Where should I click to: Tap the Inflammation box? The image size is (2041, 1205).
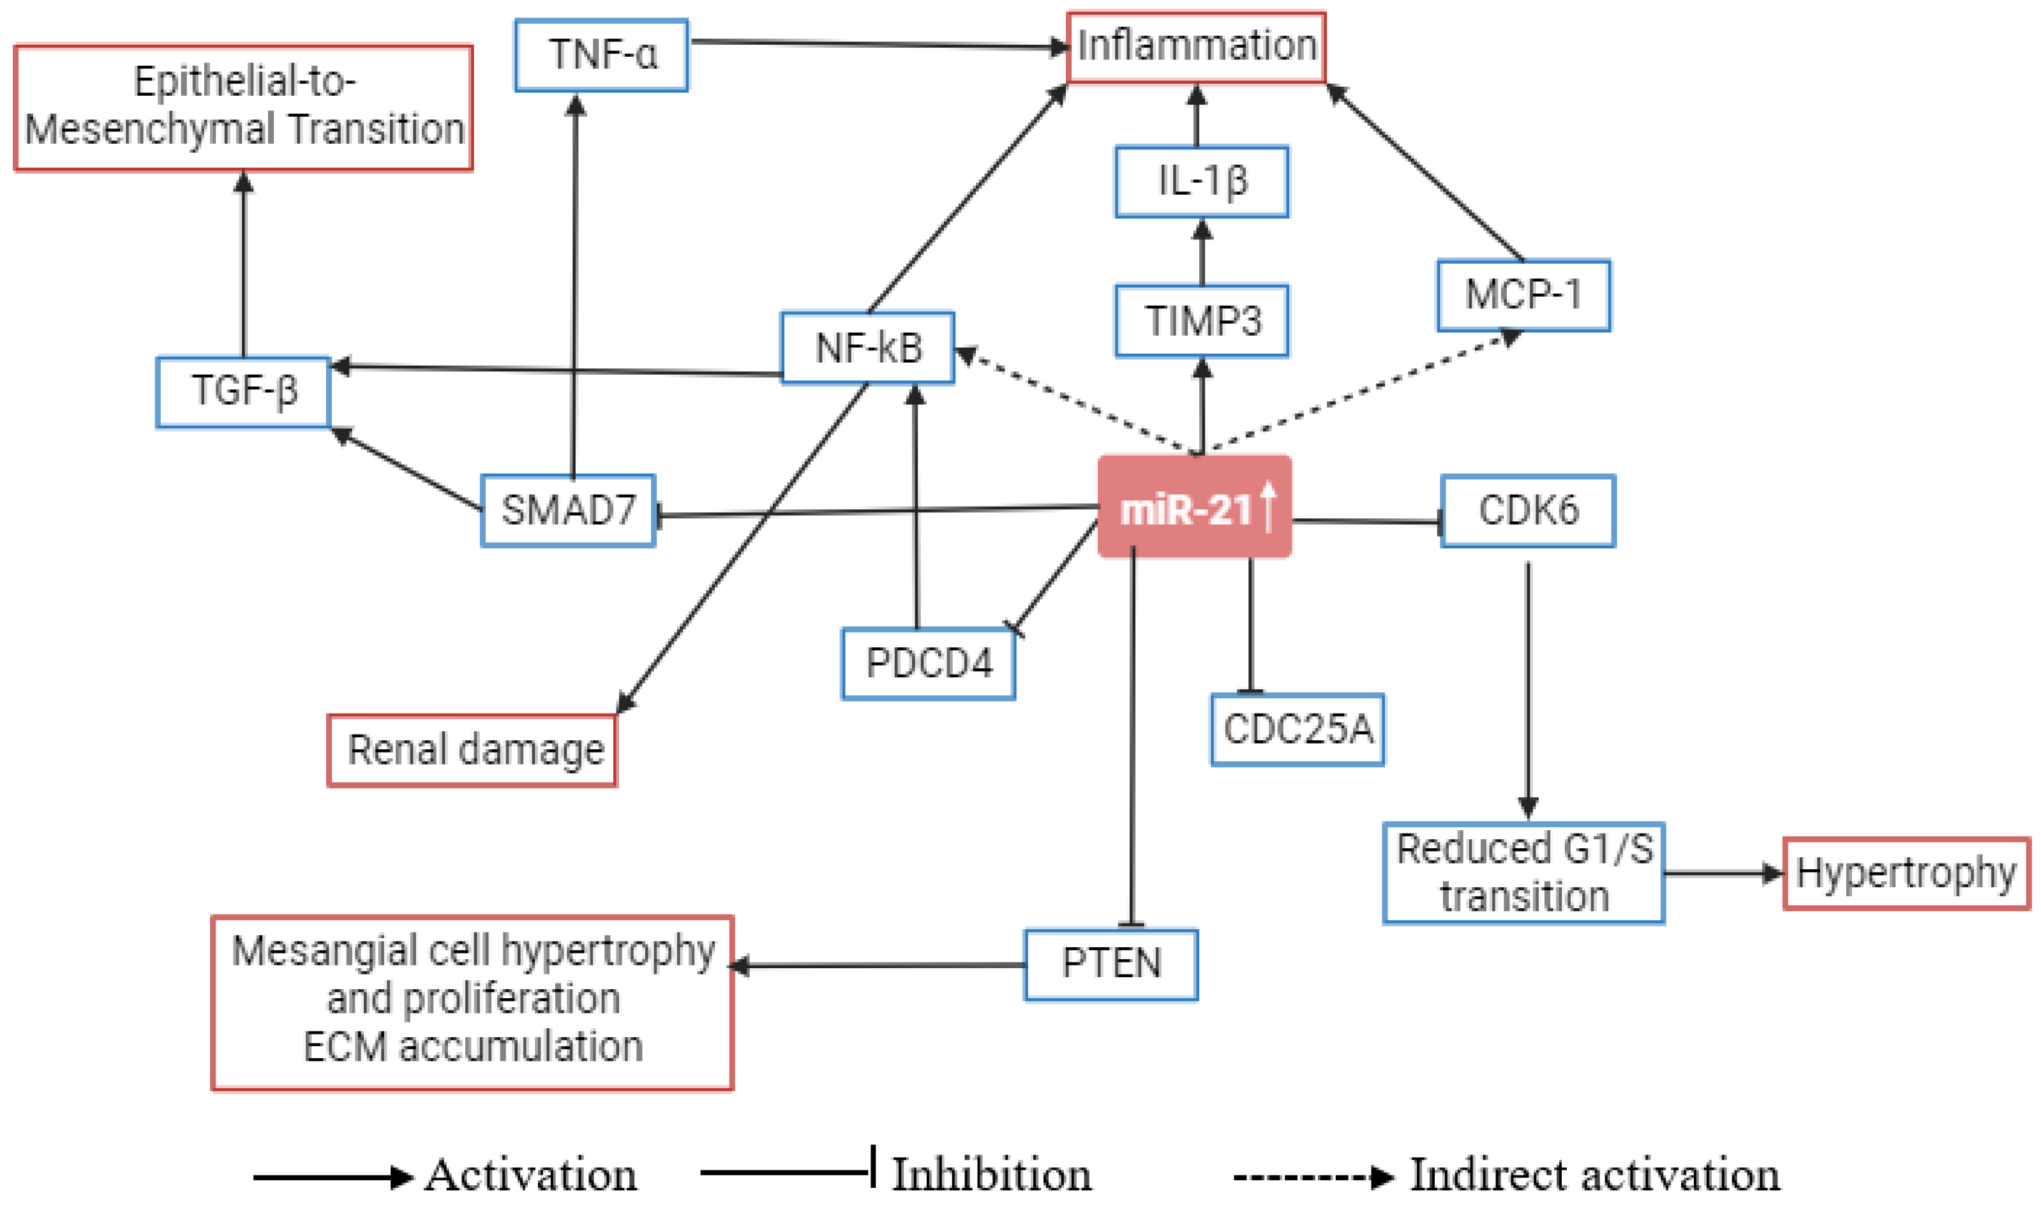click(x=1196, y=47)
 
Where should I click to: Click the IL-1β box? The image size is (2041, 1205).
click(x=1202, y=181)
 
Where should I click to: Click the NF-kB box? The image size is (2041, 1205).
click(x=867, y=348)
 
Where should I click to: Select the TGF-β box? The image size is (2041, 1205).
click(x=244, y=391)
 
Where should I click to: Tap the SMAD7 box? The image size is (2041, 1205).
click(x=568, y=510)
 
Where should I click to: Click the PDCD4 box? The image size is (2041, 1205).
click(x=928, y=663)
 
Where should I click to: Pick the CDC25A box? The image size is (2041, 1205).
click(x=1297, y=729)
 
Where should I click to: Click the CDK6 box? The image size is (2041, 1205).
click(x=1528, y=511)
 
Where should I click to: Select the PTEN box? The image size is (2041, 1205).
click(x=1110, y=964)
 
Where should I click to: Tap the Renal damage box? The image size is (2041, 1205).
click(x=472, y=751)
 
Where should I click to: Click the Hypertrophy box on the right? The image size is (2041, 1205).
click(x=1906, y=874)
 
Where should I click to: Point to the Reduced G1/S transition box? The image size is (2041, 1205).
click(x=1524, y=873)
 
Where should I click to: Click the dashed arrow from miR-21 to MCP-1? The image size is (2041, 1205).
click(x=1364, y=391)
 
